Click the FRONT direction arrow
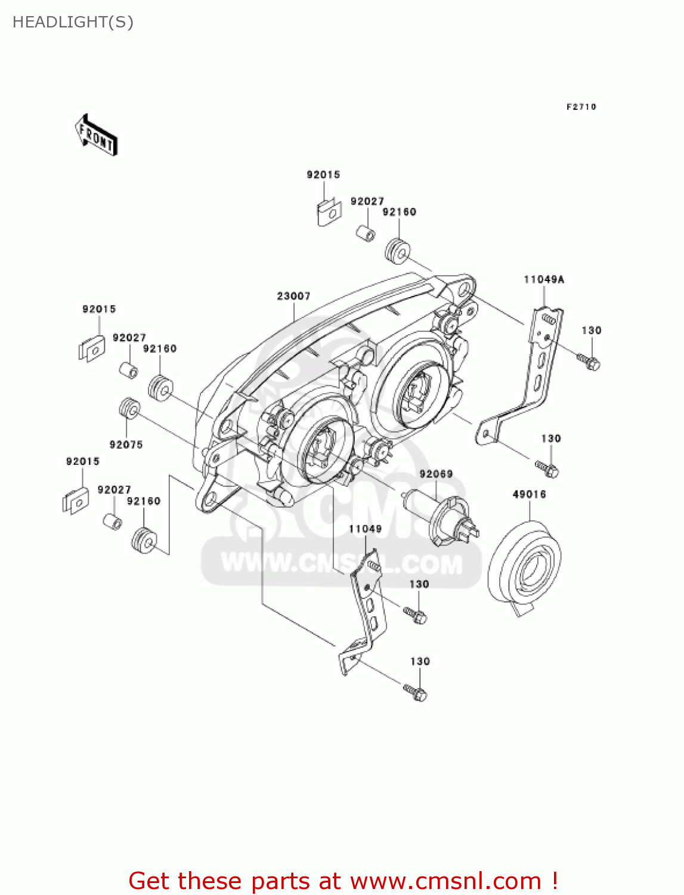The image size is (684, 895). click(x=96, y=135)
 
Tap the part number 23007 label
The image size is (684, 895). click(x=293, y=296)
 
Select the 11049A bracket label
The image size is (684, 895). click(x=544, y=279)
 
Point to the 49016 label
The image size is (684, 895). click(x=529, y=494)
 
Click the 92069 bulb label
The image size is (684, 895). click(x=436, y=474)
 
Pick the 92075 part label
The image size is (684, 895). click(x=126, y=445)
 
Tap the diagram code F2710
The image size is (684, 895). click(x=581, y=107)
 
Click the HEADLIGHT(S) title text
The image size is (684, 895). click(x=73, y=22)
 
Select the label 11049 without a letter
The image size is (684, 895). click(x=365, y=529)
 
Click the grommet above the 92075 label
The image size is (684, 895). click(x=129, y=409)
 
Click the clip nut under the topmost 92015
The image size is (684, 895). click(x=327, y=212)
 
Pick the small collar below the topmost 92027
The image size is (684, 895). click(x=366, y=232)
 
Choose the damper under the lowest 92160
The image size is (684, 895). click(x=144, y=540)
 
